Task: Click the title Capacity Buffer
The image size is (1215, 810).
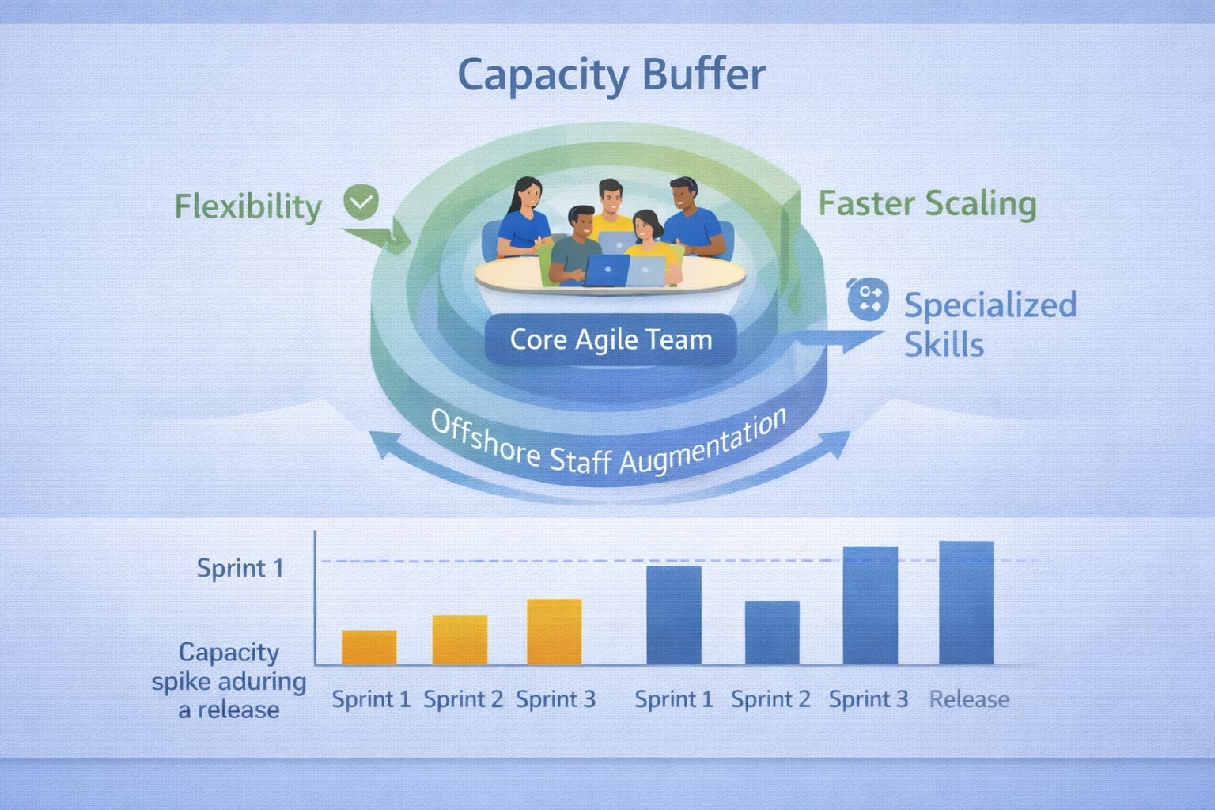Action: click(x=611, y=76)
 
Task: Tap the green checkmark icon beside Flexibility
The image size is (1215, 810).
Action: click(x=361, y=202)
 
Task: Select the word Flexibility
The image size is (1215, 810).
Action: click(x=248, y=206)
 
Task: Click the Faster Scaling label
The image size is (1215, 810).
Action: click(x=926, y=203)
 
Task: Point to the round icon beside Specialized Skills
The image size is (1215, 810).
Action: click(x=868, y=300)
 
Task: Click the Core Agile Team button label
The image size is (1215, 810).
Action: click(x=611, y=340)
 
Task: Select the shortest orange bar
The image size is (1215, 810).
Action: click(x=369, y=647)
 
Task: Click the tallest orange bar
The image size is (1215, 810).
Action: click(x=555, y=631)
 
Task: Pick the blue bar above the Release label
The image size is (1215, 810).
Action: click(x=966, y=603)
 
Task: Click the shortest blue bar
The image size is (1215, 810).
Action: click(x=772, y=633)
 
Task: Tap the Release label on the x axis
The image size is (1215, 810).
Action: click(x=969, y=699)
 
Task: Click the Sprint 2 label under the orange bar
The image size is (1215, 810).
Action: click(x=463, y=699)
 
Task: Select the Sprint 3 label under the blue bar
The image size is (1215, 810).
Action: click(x=868, y=699)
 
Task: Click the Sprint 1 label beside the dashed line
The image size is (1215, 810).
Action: click(x=240, y=568)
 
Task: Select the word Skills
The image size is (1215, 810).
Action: click(x=944, y=345)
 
